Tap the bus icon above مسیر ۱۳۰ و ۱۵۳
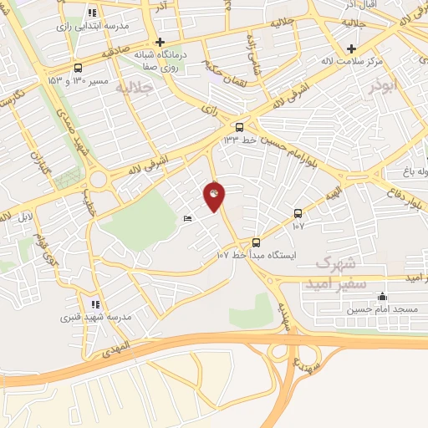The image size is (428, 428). [78, 68]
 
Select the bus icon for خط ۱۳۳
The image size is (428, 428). [240, 127]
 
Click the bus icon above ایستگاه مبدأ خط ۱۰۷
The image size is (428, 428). [256, 242]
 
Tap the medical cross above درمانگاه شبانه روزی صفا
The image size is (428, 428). [160, 42]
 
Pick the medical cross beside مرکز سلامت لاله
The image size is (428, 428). [352, 48]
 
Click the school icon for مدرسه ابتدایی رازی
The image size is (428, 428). [92, 13]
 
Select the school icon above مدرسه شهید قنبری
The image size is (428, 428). [95, 305]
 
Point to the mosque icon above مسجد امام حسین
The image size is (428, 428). [383, 296]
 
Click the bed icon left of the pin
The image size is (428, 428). [187, 219]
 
